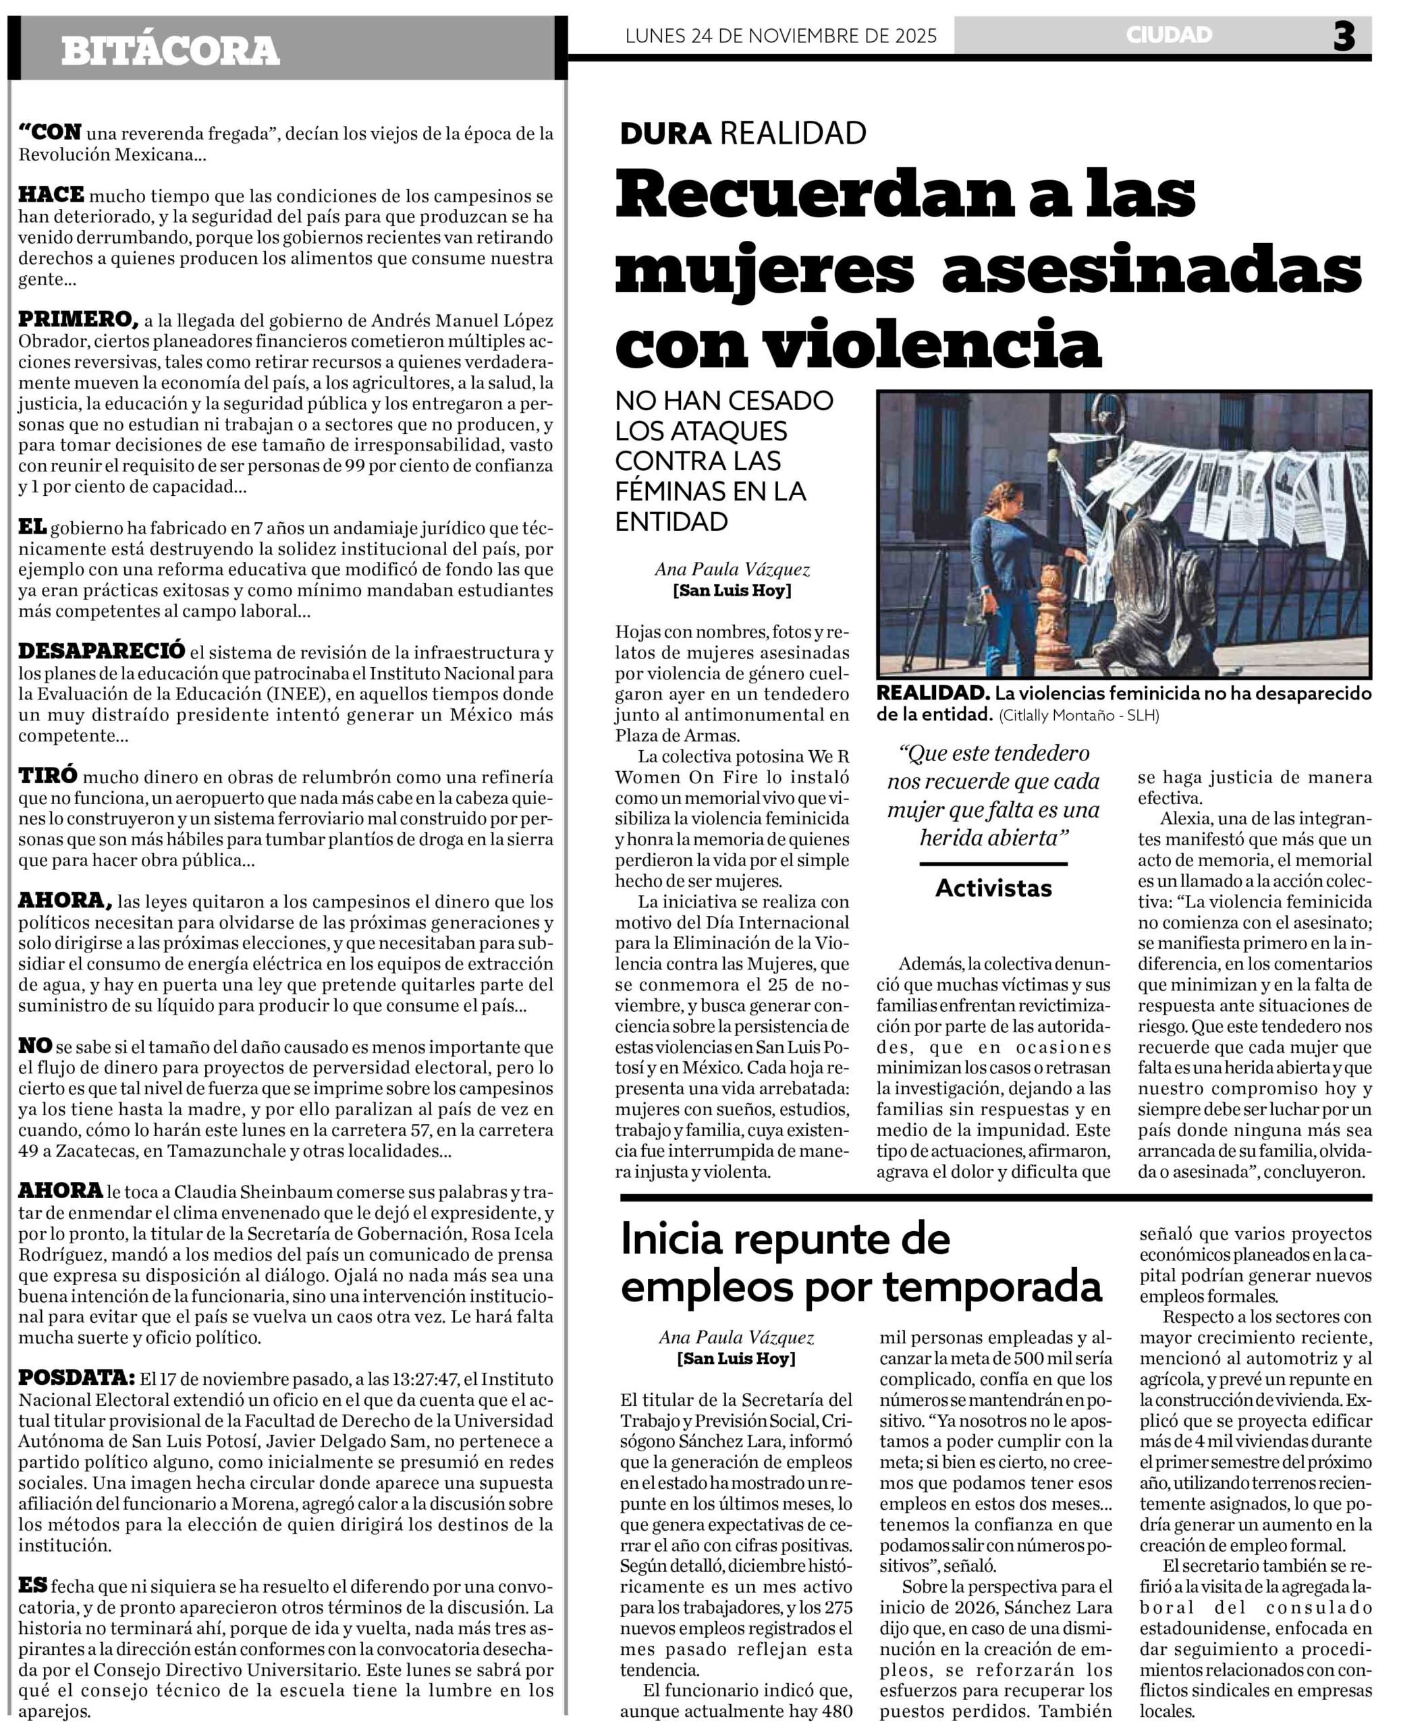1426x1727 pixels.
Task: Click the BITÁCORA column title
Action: [170, 51]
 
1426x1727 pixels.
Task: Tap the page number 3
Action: [1344, 36]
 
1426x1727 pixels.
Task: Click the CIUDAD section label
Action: [1169, 34]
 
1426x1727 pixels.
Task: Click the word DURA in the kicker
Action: [665, 133]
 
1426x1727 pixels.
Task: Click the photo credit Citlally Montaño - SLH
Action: [1078, 715]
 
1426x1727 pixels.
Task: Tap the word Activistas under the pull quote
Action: [993, 888]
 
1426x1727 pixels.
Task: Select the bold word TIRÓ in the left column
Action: [48, 775]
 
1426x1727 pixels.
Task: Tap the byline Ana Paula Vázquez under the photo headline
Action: [732, 569]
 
